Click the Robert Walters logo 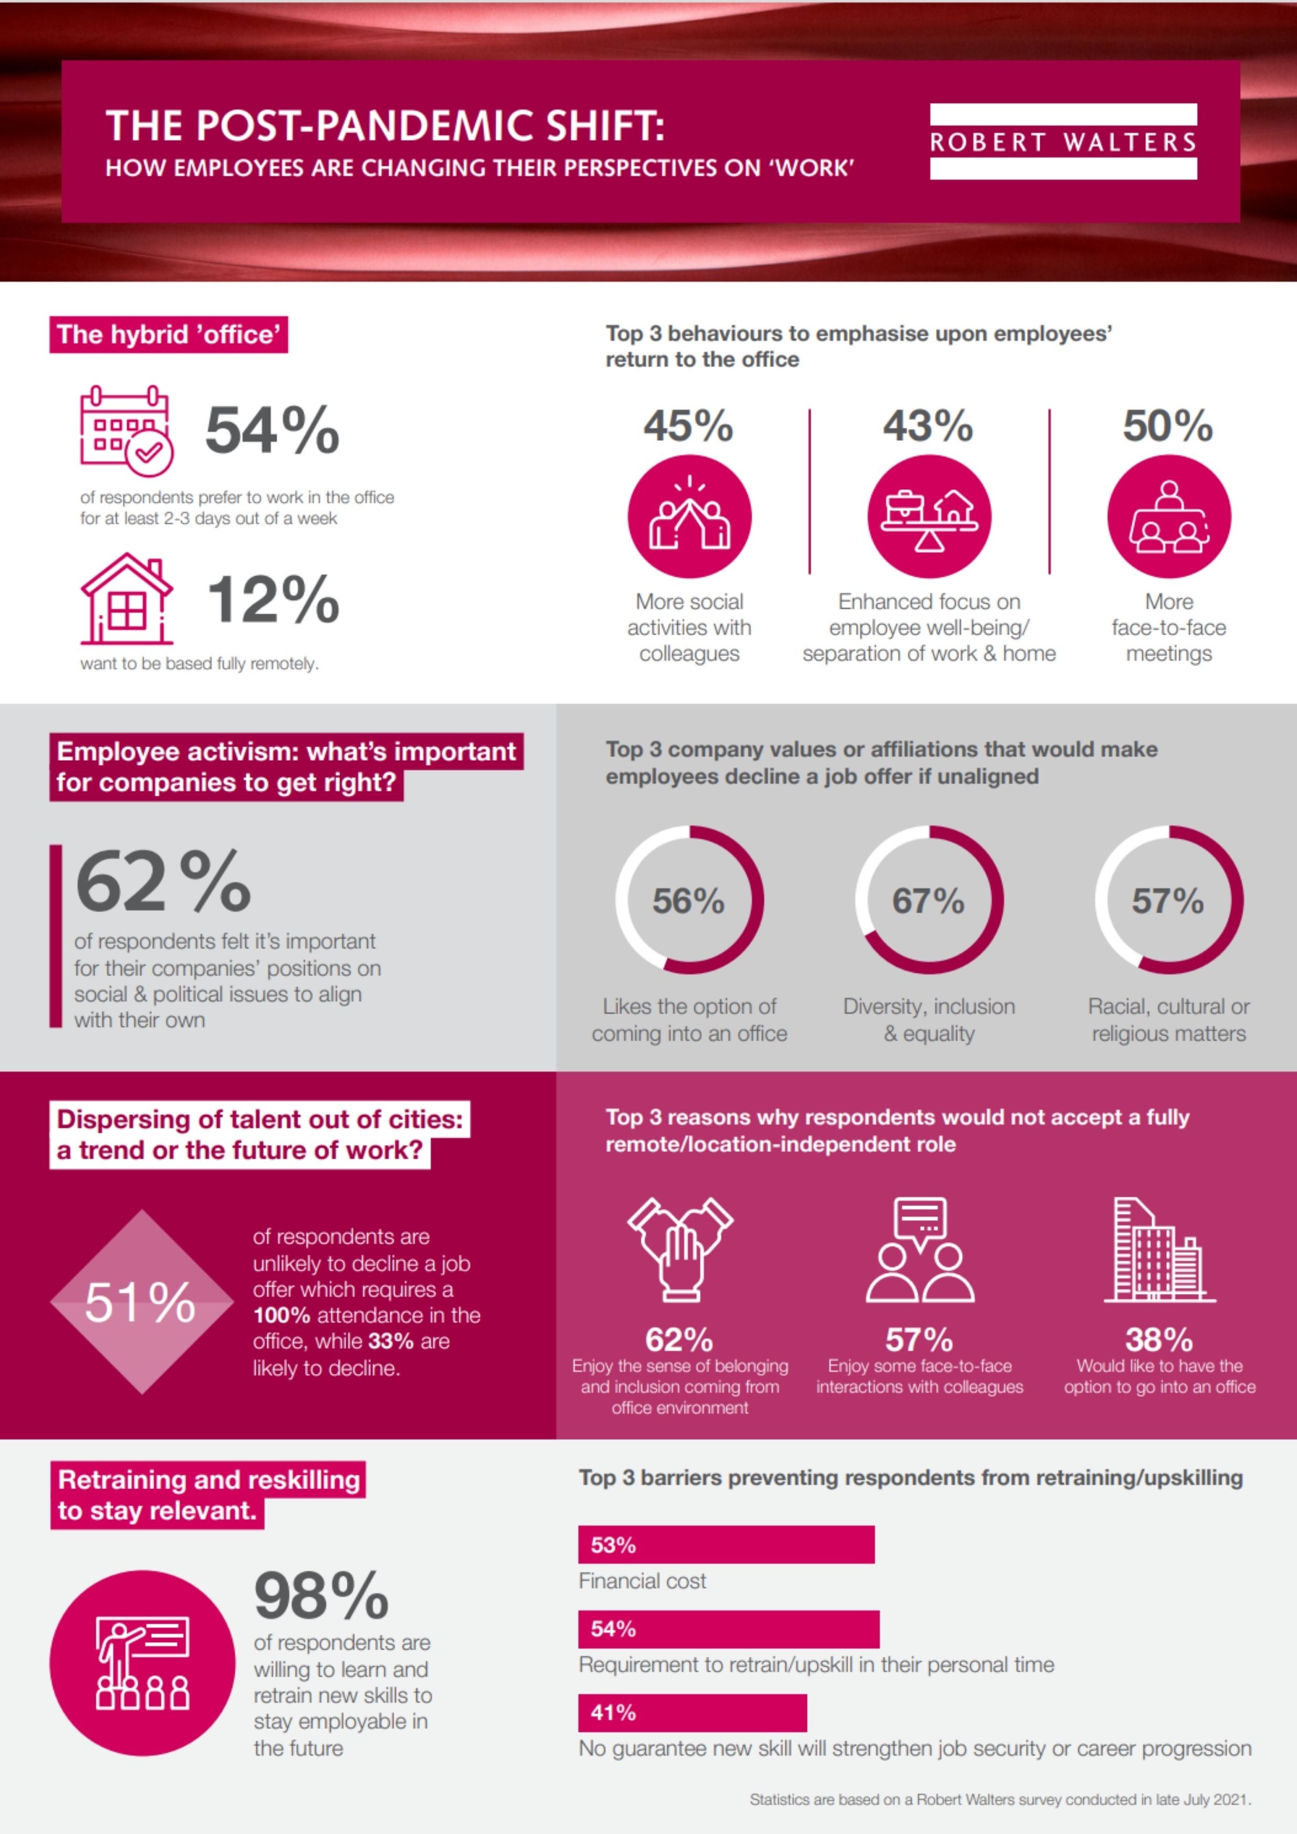pyautogui.click(x=1063, y=141)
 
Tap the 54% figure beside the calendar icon pyautogui.click(x=272, y=431)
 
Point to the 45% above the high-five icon pyautogui.click(x=688, y=425)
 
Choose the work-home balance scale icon pyautogui.click(x=929, y=517)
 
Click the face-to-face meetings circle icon pyautogui.click(x=1168, y=517)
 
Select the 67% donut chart pyautogui.click(x=929, y=900)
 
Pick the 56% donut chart pyautogui.click(x=689, y=900)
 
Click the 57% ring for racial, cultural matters pyautogui.click(x=1168, y=900)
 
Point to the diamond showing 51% pyautogui.click(x=141, y=1302)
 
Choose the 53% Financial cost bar pyautogui.click(x=725, y=1545)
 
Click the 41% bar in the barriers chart pyautogui.click(x=692, y=1713)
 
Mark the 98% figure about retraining pyautogui.click(x=321, y=1596)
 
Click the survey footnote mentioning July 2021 pyautogui.click(x=1000, y=1799)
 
